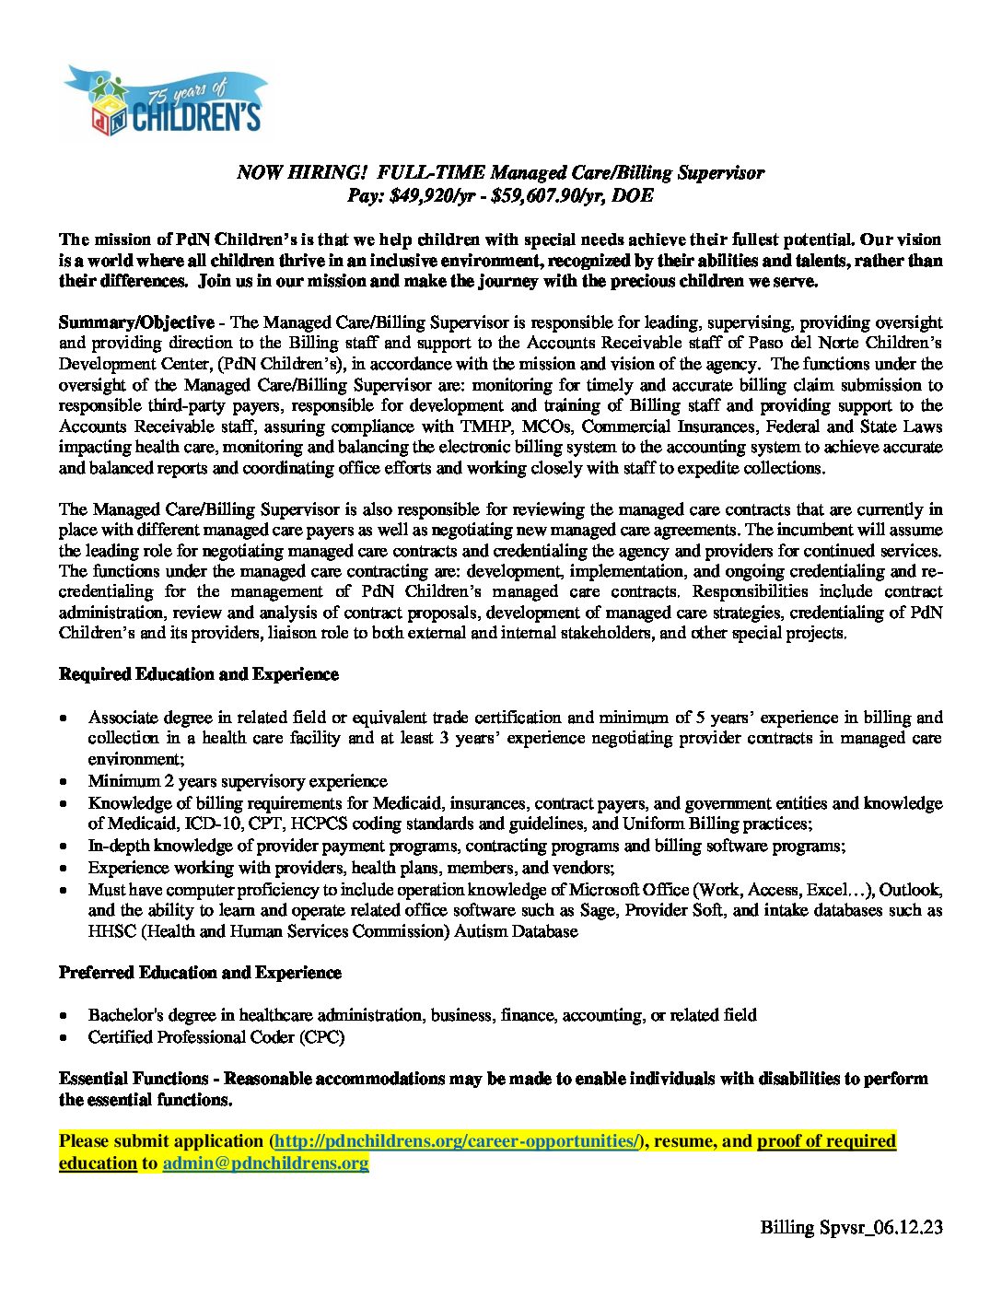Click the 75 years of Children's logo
point(166,101)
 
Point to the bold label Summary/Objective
point(136,322)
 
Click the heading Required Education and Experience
point(198,674)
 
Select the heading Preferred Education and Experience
point(200,973)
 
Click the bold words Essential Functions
point(134,1079)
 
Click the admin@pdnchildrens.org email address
point(265,1163)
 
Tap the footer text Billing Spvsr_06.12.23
point(851,1227)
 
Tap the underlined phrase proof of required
point(826,1141)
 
